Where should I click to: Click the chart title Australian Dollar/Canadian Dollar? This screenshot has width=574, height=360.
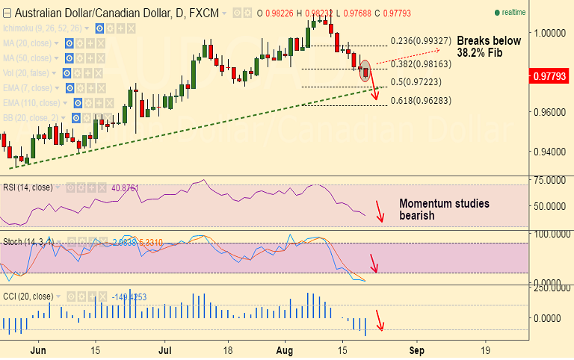tap(84, 13)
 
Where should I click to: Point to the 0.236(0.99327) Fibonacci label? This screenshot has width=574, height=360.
tap(421, 41)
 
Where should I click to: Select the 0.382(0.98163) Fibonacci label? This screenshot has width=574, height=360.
tap(421, 65)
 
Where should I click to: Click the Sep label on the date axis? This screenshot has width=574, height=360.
tap(417, 350)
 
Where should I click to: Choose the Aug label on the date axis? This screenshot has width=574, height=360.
tap(285, 350)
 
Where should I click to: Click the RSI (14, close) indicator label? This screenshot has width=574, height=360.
tap(28, 187)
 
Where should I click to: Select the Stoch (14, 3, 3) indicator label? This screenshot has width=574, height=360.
tap(28, 241)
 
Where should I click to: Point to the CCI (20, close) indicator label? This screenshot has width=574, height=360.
tap(28, 297)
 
